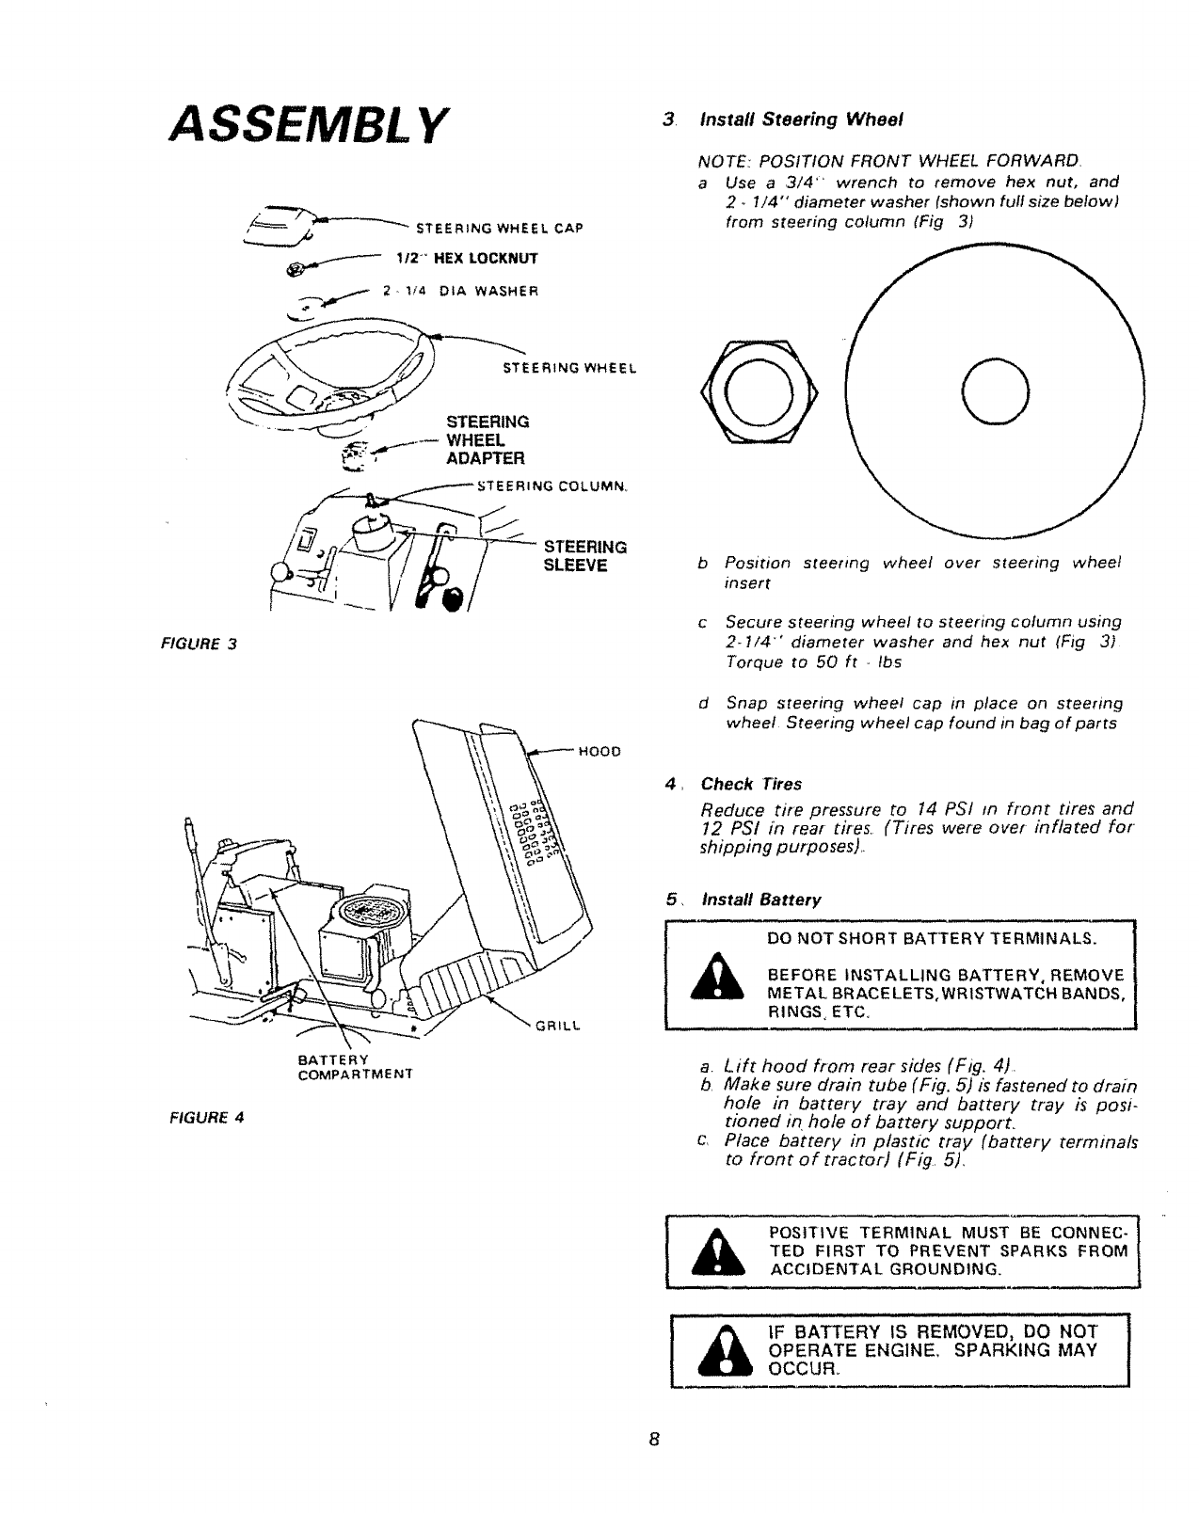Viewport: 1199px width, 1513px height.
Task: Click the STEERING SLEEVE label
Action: tap(585, 556)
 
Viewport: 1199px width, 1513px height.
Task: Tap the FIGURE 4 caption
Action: tap(206, 1119)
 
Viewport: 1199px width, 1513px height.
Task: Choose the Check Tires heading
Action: tap(751, 784)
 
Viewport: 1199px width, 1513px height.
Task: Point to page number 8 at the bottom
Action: tap(655, 1441)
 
